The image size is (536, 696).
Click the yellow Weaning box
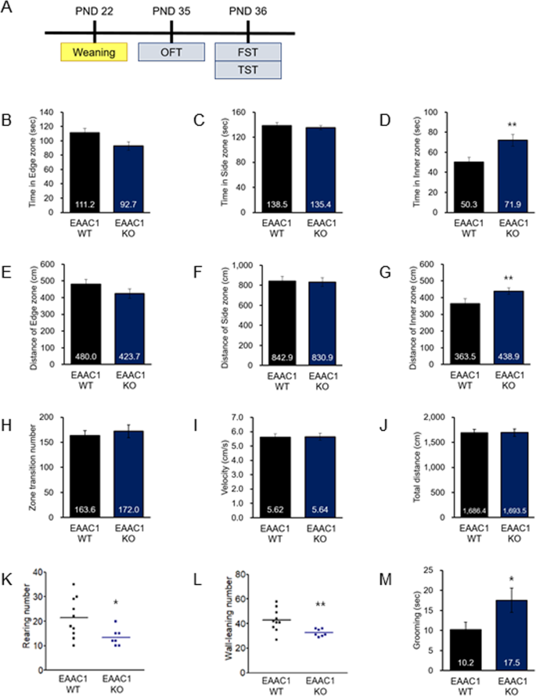point(94,52)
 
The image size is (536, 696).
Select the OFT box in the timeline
point(171,52)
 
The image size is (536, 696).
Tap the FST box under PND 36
point(247,52)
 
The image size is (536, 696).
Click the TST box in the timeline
point(247,70)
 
